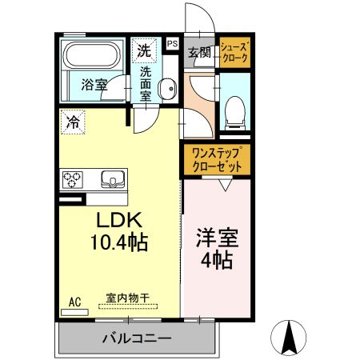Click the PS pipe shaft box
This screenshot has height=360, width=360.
pyautogui.click(x=173, y=45)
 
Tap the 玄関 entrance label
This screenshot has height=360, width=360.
pyautogui.click(x=199, y=53)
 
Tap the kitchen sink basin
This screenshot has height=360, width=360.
pyautogui.click(x=111, y=178)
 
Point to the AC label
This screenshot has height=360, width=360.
pyautogui.click(x=75, y=302)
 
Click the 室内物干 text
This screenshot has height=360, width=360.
pyautogui.click(x=128, y=298)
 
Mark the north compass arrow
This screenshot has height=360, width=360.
pyautogui.click(x=290, y=336)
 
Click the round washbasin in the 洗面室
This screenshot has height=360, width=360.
pyautogui.click(x=167, y=90)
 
